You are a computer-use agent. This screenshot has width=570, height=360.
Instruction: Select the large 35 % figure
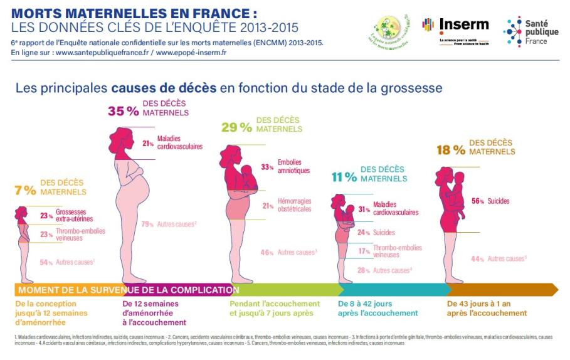(x=123, y=111)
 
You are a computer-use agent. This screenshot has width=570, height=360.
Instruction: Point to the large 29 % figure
(x=236, y=127)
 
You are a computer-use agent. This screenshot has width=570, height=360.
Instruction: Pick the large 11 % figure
(x=344, y=177)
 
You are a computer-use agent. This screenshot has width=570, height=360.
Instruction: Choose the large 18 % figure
(x=451, y=150)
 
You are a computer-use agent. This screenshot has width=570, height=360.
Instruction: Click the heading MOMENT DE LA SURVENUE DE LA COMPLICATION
(x=125, y=290)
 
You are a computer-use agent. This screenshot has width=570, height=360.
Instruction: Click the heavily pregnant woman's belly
(x=141, y=184)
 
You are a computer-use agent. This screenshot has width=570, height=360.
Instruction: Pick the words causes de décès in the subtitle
(x=164, y=88)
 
